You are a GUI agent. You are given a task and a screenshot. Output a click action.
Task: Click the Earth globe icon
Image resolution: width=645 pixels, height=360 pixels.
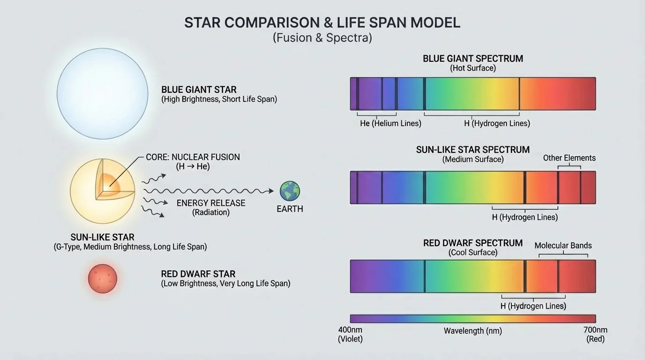click(x=290, y=191)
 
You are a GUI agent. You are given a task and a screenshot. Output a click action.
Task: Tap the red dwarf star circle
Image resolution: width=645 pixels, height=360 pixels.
click(x=102, y=278)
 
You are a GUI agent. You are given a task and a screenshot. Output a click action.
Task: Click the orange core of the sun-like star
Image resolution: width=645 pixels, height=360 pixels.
click(x=112, y=183)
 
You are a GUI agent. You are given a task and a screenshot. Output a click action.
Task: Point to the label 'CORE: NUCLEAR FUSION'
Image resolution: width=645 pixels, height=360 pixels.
click(x=193, y=157)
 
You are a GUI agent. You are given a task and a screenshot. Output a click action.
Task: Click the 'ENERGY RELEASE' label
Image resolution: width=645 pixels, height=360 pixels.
click(x=211, y=203)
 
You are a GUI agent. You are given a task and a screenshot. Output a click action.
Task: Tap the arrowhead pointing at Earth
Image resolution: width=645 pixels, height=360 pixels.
click(x=271, y=191)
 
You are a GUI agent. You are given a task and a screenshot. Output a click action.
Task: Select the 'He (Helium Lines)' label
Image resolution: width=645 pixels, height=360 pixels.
click(x=390, y=123)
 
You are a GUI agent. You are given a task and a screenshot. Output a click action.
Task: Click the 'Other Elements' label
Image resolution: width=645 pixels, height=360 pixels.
click(x=569, y=158)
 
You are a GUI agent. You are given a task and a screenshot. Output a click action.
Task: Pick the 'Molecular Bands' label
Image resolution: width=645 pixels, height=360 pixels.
click(x=563, y=246)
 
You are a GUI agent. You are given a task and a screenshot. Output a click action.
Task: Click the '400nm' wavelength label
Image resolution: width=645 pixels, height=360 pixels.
click(x=350, y=330)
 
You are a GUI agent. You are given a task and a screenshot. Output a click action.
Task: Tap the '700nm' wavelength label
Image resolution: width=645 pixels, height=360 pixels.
click(x=595, y=330)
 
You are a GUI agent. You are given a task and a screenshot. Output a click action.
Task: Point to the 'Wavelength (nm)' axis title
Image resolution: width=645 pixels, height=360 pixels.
click(x=472, y=331)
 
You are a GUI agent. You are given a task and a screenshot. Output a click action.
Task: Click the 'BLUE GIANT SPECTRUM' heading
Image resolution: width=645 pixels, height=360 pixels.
click(x=472, y=59)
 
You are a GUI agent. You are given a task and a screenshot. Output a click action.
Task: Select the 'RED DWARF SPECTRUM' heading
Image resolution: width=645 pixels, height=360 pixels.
click(x=472, y=243)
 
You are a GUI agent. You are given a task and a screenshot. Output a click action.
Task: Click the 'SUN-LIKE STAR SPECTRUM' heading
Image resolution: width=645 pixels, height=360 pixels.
click(x=472, y=150)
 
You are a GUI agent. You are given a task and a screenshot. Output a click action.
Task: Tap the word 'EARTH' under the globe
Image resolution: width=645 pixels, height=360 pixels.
click(x=290, y=209)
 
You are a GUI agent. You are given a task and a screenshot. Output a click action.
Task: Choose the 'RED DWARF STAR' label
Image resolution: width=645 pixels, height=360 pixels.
click(x=198, y=274)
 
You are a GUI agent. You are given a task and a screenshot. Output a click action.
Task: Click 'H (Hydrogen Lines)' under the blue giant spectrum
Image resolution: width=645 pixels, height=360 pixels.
click(x=497, y=123)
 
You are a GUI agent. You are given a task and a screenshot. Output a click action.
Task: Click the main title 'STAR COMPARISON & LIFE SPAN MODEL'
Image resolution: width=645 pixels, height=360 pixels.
click(x=322, y=23)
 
